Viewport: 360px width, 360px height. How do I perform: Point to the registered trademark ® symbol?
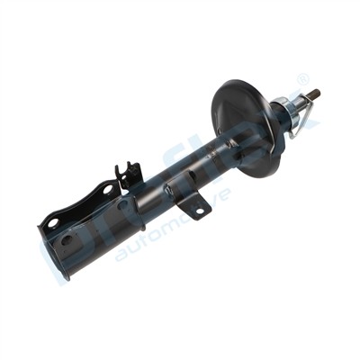coord(303,80)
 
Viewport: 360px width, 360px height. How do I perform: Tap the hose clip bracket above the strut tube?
coord(127,175)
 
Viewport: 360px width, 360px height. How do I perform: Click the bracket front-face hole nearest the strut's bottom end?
coord(66,239)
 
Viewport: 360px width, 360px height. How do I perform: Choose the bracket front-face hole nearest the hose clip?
coord(119,205)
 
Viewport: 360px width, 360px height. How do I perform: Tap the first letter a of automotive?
coord(121,255)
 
